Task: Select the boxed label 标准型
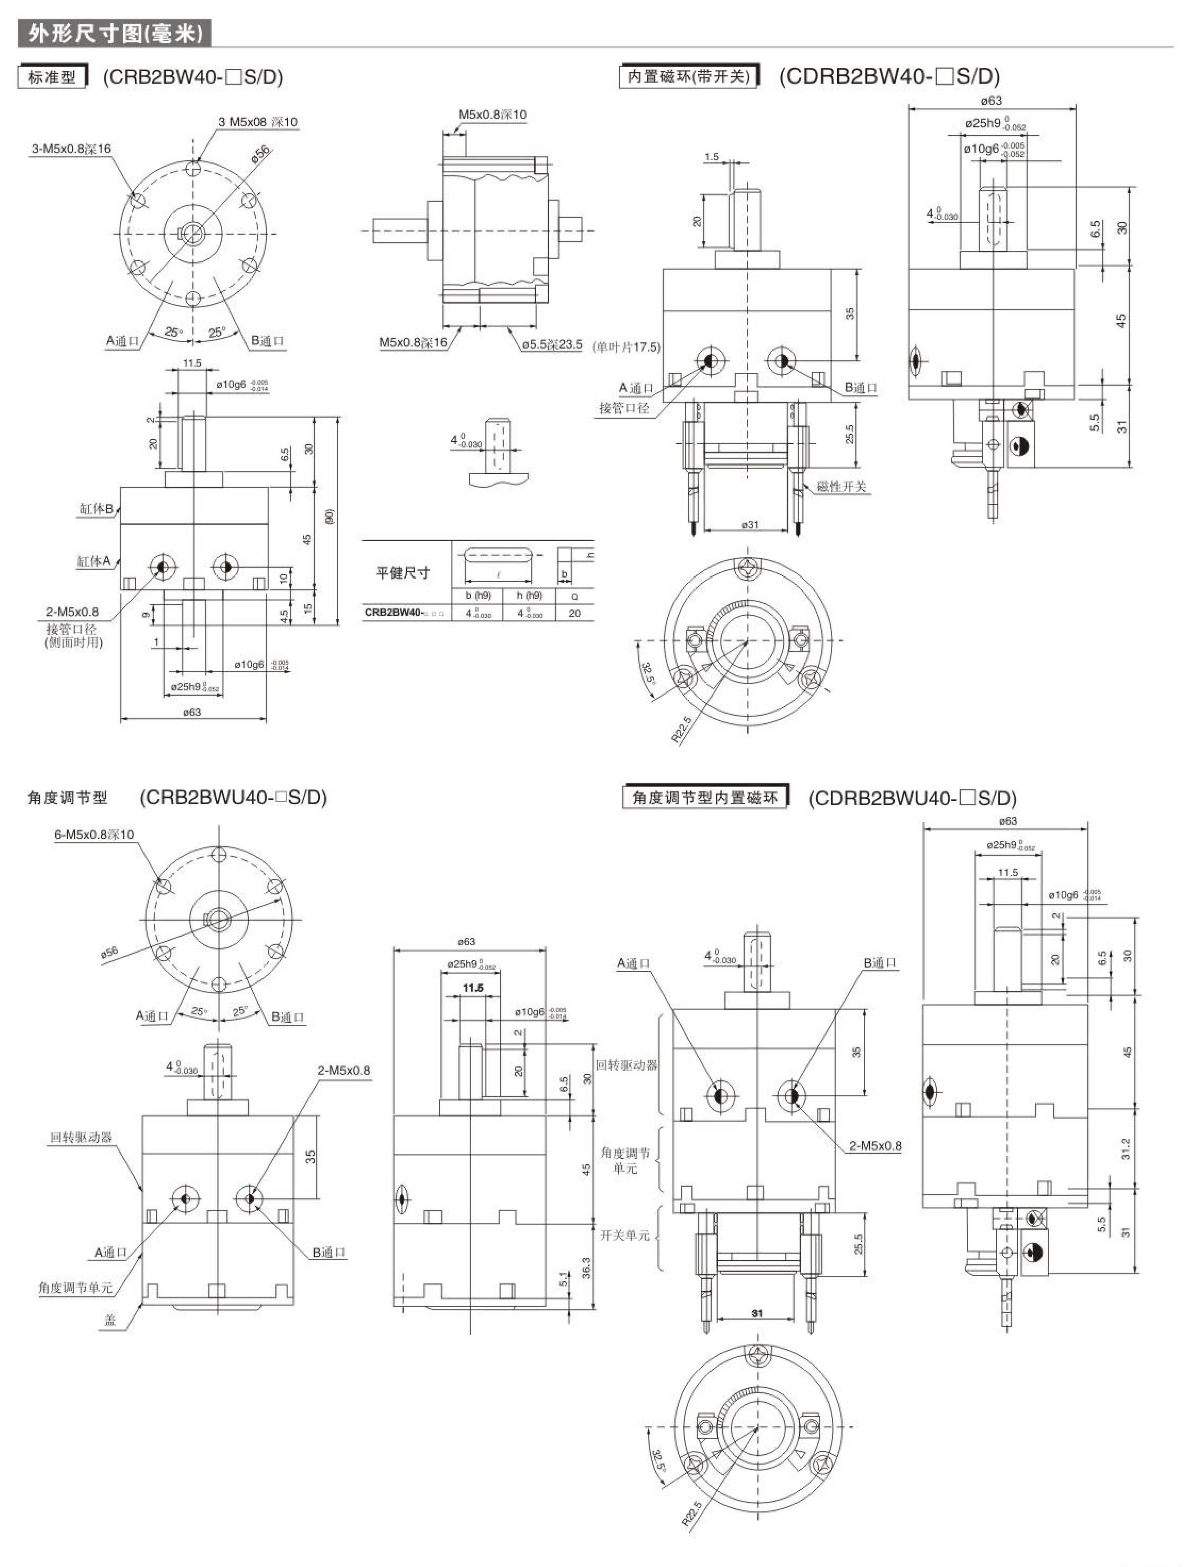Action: coord(52,77)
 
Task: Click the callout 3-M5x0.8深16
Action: coord(71,149)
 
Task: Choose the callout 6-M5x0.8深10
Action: coord(94,835)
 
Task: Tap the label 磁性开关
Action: coord(841,487)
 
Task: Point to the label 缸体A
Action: coord(94,562)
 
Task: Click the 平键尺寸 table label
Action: coord(403,573)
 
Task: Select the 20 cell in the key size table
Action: coord(574,613)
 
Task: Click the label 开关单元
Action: coord(624,1236)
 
